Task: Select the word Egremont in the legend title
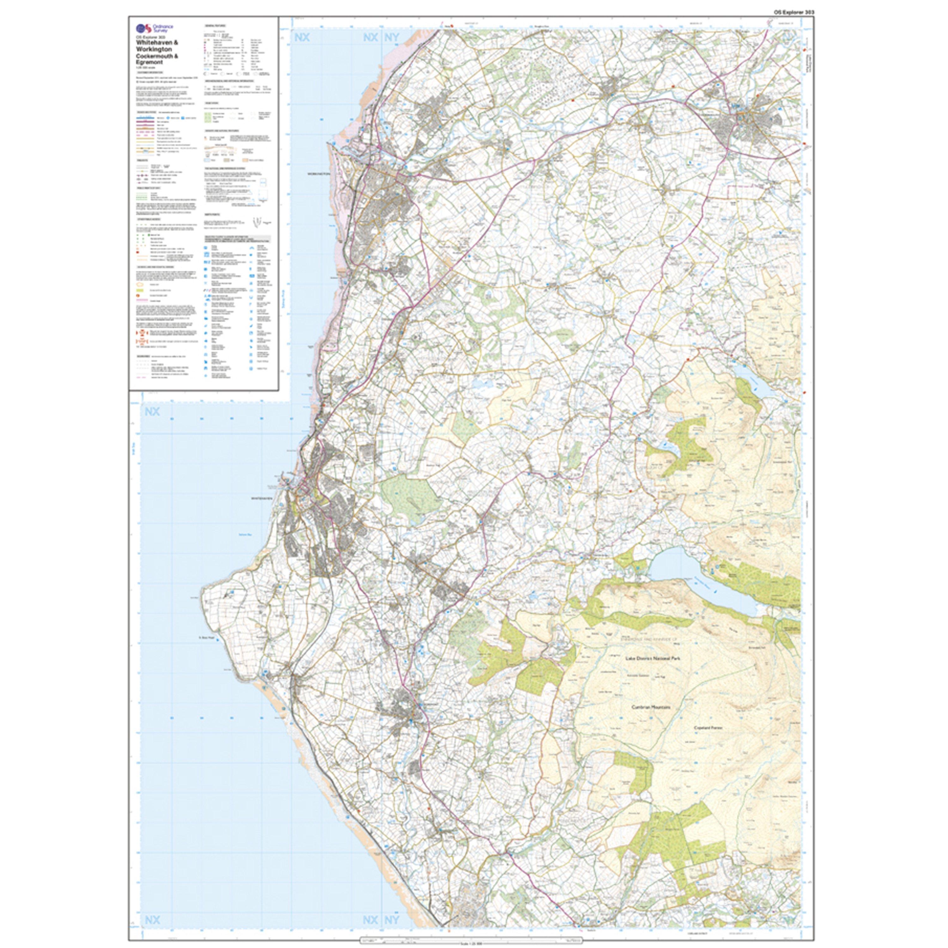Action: tap(150, 62)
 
